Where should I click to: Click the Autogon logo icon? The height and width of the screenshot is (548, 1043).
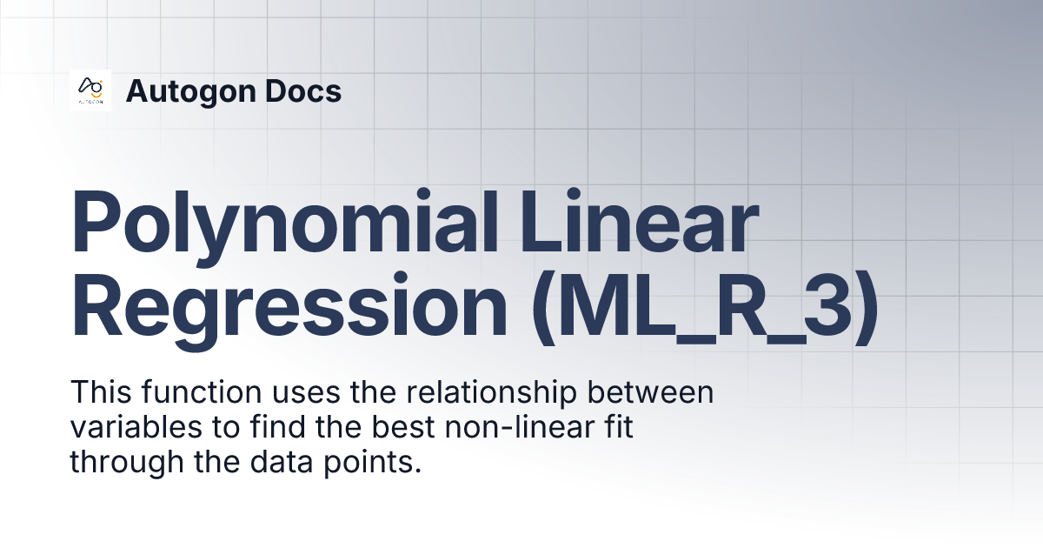click(x=90, y=90)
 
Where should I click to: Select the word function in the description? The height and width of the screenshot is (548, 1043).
click(x=194, y=393)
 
